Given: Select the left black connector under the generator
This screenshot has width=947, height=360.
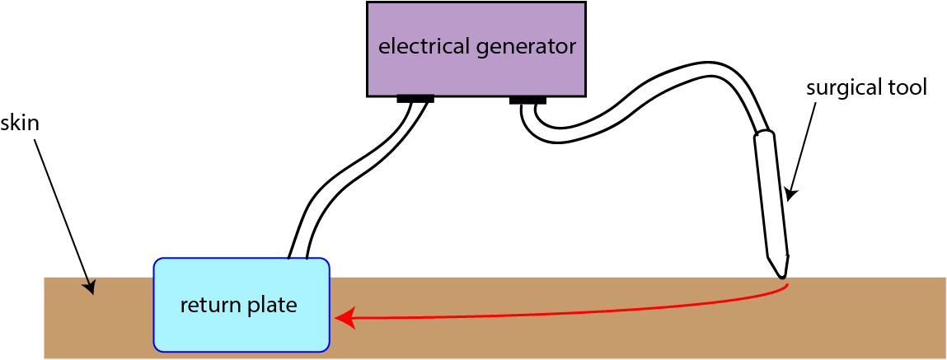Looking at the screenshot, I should (x=415, y=99).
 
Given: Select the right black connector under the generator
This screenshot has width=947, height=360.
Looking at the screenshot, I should (x=527, y=101).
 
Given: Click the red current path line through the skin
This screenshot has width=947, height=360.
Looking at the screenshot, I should (x=577, y=311).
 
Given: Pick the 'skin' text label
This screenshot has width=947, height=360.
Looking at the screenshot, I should (x=20, y=124).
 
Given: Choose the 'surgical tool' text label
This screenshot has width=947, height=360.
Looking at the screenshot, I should (x=866, y=87).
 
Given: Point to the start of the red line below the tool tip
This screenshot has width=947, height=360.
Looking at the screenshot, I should (x=789, y=286).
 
